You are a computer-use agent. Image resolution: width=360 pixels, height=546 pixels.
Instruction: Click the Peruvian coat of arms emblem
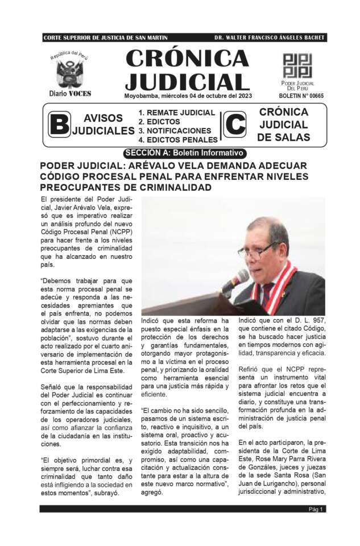click(69, 73)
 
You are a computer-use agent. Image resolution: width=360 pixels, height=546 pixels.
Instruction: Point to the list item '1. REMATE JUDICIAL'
click(176, 113)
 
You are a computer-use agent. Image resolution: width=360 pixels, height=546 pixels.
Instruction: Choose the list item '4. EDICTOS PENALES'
click(177, 139)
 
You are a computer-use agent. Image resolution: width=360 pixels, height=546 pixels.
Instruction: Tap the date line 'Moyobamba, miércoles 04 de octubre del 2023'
click(188, 96)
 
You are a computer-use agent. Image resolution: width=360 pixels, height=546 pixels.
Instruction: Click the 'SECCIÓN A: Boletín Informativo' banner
click(185, 153)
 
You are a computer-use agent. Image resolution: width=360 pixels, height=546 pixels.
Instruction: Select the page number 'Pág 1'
click(316, 509)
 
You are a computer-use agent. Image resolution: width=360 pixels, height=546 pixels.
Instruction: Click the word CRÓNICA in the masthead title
click(187, 59)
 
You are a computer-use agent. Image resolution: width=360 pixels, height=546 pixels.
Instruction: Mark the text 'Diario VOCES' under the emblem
click(70, 93)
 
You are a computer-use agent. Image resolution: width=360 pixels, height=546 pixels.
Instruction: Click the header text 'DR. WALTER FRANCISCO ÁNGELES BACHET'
click(270, 38)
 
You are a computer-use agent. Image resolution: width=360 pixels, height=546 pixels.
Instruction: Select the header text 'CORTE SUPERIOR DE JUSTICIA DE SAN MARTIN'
click(105, 38)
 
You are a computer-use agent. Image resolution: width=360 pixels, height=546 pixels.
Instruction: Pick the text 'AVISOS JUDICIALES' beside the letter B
click(103, 125)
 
